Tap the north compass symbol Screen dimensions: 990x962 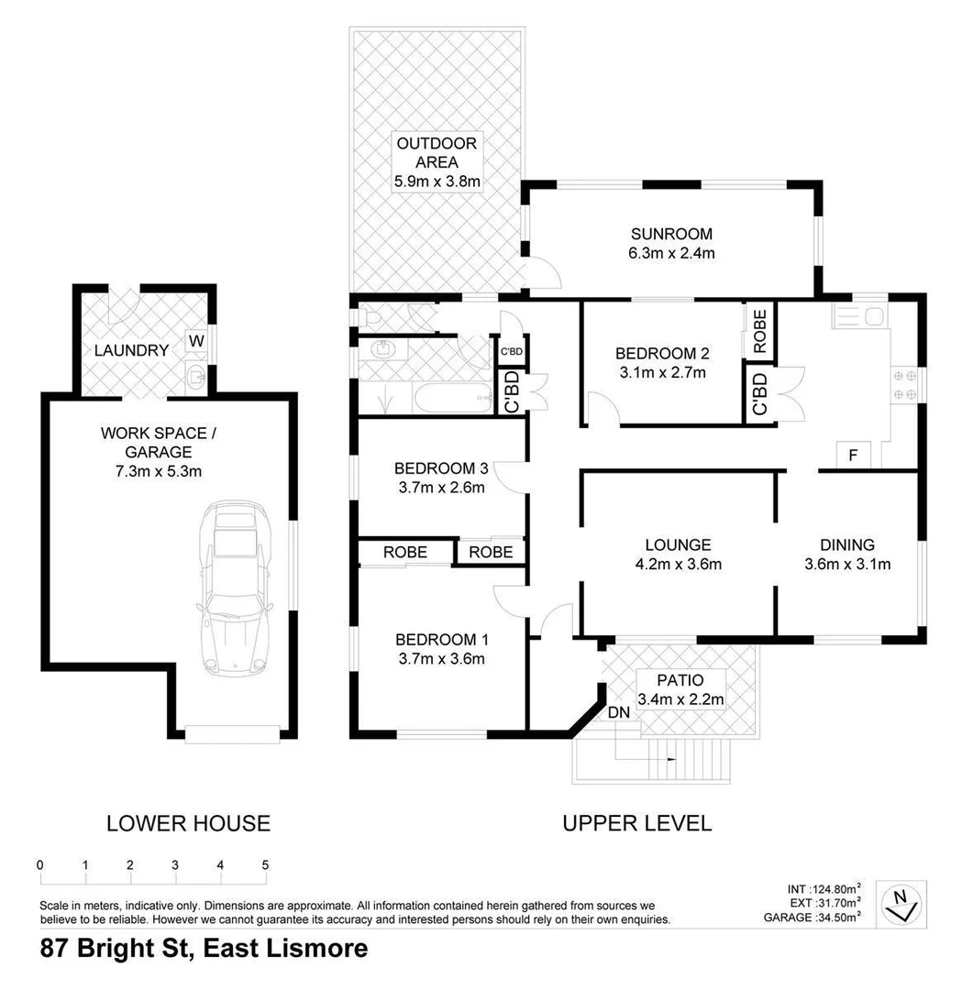coord(901,902)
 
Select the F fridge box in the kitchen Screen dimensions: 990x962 coord(853,454)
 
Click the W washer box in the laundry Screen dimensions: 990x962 coord(196,341)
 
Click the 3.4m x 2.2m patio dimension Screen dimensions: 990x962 coord(680,700)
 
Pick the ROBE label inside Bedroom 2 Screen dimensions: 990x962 coord(760,332)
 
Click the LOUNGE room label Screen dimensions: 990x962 coord(678,544)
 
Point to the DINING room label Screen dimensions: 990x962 coord(847,544)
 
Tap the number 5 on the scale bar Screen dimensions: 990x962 coord(265,864)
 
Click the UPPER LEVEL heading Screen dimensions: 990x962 coord(636,823)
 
